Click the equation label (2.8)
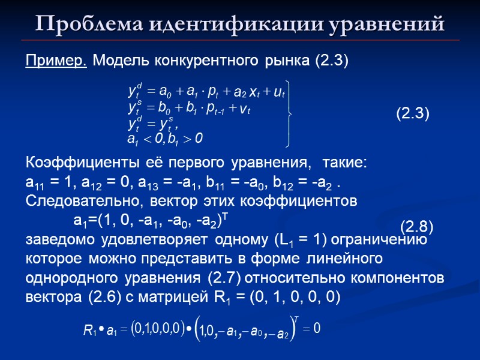[x=417, y=226]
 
